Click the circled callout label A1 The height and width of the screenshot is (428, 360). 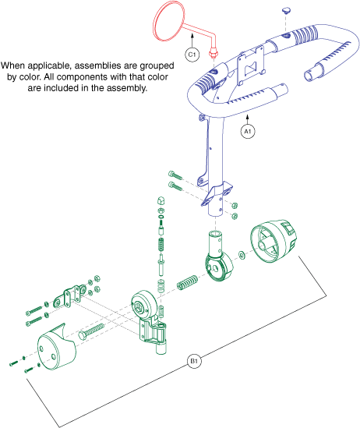(248, 132)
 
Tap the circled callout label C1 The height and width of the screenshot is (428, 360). (191, 54)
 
